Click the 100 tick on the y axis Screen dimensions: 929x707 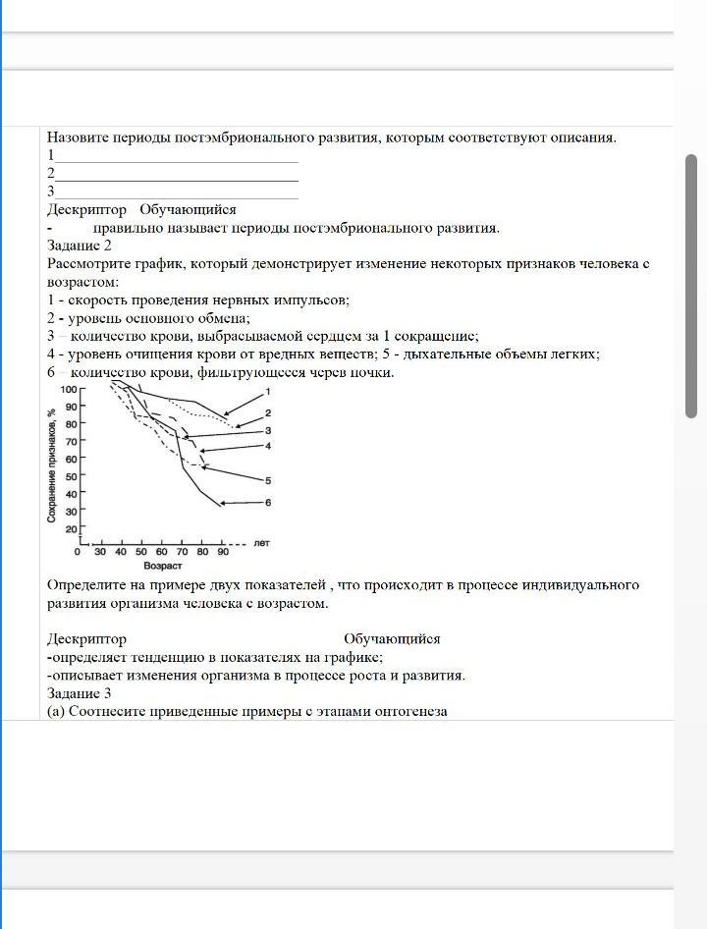(69, 390)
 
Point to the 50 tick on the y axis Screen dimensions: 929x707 (71, 476)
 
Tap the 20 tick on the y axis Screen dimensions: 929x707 (71, 529)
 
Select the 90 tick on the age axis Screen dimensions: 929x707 (223, 552)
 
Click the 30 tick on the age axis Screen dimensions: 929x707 (100, 552)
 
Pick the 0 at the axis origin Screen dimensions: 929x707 (79, 552)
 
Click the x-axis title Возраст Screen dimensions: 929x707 (163, 567)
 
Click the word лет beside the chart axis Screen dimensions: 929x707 (261, 542)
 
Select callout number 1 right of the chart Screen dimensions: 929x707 (268, 391)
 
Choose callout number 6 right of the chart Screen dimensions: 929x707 (267, 503)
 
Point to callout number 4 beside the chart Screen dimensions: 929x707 (267, 446)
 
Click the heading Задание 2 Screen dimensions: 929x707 (80, 246)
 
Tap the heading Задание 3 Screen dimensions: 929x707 (80, 693)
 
